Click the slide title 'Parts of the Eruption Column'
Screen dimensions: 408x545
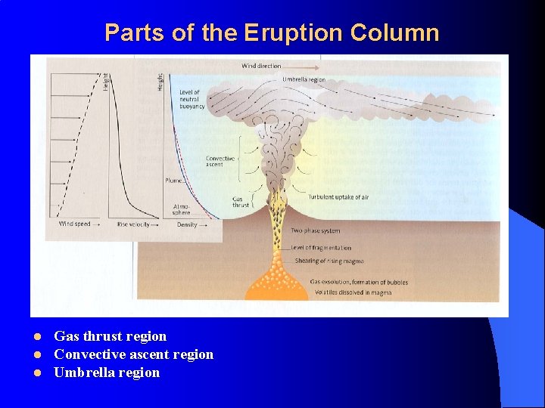[x=272, y=32]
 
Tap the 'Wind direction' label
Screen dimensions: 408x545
[x=261, y=66]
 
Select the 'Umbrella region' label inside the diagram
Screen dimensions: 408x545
[x=304, y=79]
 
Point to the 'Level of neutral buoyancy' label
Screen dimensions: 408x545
[x=192, y=100]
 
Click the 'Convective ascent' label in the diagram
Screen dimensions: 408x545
[x=220, y=162]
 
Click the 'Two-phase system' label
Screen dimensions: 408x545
[x=316, y=230]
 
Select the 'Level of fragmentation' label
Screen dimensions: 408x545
[x=321, y=248]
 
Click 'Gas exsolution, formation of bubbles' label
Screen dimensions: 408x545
[x=359, y=283]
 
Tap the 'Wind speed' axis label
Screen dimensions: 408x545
[x=74, y=224]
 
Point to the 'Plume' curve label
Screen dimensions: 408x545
[x=173, y=181]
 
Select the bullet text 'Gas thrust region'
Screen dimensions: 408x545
[x=110, y=336]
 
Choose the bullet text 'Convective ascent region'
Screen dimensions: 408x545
[x=133, y=354]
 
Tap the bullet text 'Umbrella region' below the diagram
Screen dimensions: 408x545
[x=107, y=372]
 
